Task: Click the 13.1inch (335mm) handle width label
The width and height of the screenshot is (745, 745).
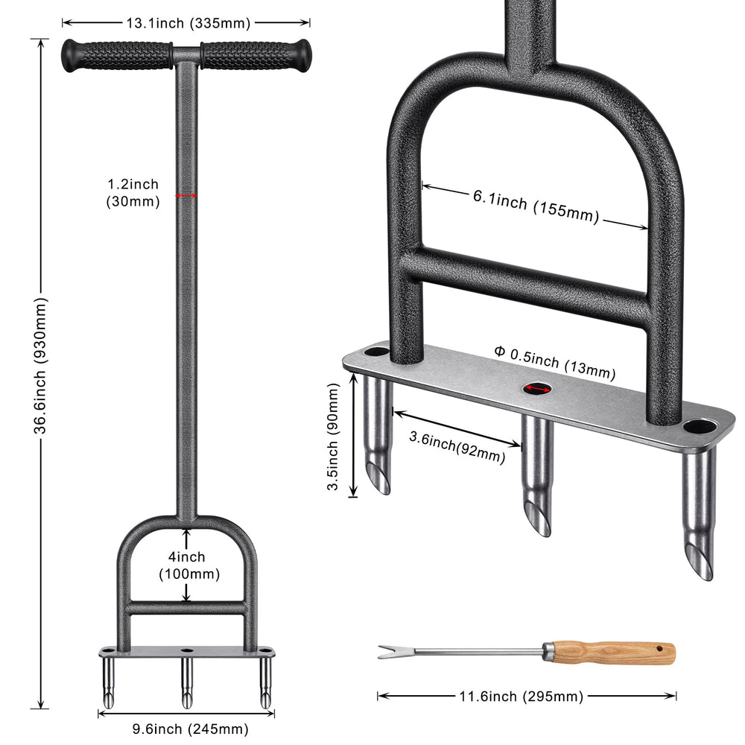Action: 188,22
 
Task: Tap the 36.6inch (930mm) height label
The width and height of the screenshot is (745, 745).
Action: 41,366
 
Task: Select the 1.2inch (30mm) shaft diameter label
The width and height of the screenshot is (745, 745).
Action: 133,193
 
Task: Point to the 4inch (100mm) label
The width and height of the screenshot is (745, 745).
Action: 189,565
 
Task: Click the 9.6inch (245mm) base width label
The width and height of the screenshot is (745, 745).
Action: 190,729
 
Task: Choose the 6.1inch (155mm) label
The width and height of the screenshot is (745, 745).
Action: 536,206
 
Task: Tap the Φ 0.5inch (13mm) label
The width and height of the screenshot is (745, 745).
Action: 555,363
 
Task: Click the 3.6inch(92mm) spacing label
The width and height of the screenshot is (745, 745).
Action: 457,446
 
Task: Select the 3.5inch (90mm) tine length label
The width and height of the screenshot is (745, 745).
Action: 333,437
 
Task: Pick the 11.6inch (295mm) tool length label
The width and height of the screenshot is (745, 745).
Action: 521,697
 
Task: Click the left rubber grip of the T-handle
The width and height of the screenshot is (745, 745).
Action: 117,56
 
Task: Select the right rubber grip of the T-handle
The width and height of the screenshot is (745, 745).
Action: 256,56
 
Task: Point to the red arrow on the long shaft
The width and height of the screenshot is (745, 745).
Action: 186,195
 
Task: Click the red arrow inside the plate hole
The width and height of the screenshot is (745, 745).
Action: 537,389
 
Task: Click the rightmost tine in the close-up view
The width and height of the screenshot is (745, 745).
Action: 699,513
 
